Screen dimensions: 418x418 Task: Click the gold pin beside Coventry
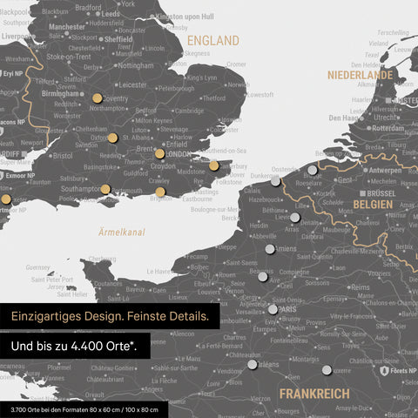pos(96,99)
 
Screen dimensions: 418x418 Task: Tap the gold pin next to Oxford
pos(112,138)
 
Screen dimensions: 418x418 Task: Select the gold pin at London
pos(159,153)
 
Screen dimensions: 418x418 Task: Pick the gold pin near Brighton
pos(160,192)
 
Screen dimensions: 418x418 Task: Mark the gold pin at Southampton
pos(105,189)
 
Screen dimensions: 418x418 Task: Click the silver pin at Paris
pos(273,309)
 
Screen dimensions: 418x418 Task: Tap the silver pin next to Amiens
pos(269,248)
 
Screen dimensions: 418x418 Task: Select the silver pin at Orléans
pos(253,365)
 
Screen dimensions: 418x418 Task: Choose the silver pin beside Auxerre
pos(327,370)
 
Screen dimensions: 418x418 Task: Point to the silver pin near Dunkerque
pos(276,183)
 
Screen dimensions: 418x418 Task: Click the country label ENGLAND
pos(213,41)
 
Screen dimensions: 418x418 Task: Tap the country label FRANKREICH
pos(315,394)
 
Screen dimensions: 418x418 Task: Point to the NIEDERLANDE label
pos(360,76)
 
